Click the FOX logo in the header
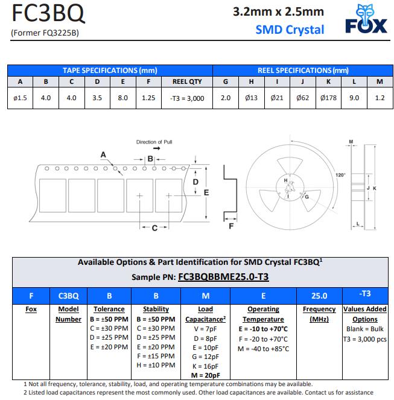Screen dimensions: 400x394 click(x=366, y=20)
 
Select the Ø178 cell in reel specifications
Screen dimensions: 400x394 click(x=328, y=98)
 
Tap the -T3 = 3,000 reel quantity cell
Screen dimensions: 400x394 click(x=187, y=98)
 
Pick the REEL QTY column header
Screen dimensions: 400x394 click(x=187, y=81)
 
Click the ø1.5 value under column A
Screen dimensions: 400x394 click(x=20, y=98)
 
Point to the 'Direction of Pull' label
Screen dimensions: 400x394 click(x=154, y=142)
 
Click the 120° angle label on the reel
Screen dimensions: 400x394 click(x=340, y=175)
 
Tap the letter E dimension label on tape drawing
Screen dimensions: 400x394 click(x=206, y=192)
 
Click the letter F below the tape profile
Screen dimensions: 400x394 click(x=231, y=227)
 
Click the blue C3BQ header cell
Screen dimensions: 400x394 click(x=68, y=296)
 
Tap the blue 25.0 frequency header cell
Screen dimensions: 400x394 click(x=319, y=296)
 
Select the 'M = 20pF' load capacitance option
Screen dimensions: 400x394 click(x=205, y=375)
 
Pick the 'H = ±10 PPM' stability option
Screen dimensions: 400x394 click(x=156, y=365)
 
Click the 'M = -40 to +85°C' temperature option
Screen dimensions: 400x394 click(x=263, y=348)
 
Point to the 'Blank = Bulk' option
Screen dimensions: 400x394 click(x=364, y=329)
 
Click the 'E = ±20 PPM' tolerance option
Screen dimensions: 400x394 click(x=109, y=347)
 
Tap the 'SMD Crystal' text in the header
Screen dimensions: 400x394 click(x=290, y=29)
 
